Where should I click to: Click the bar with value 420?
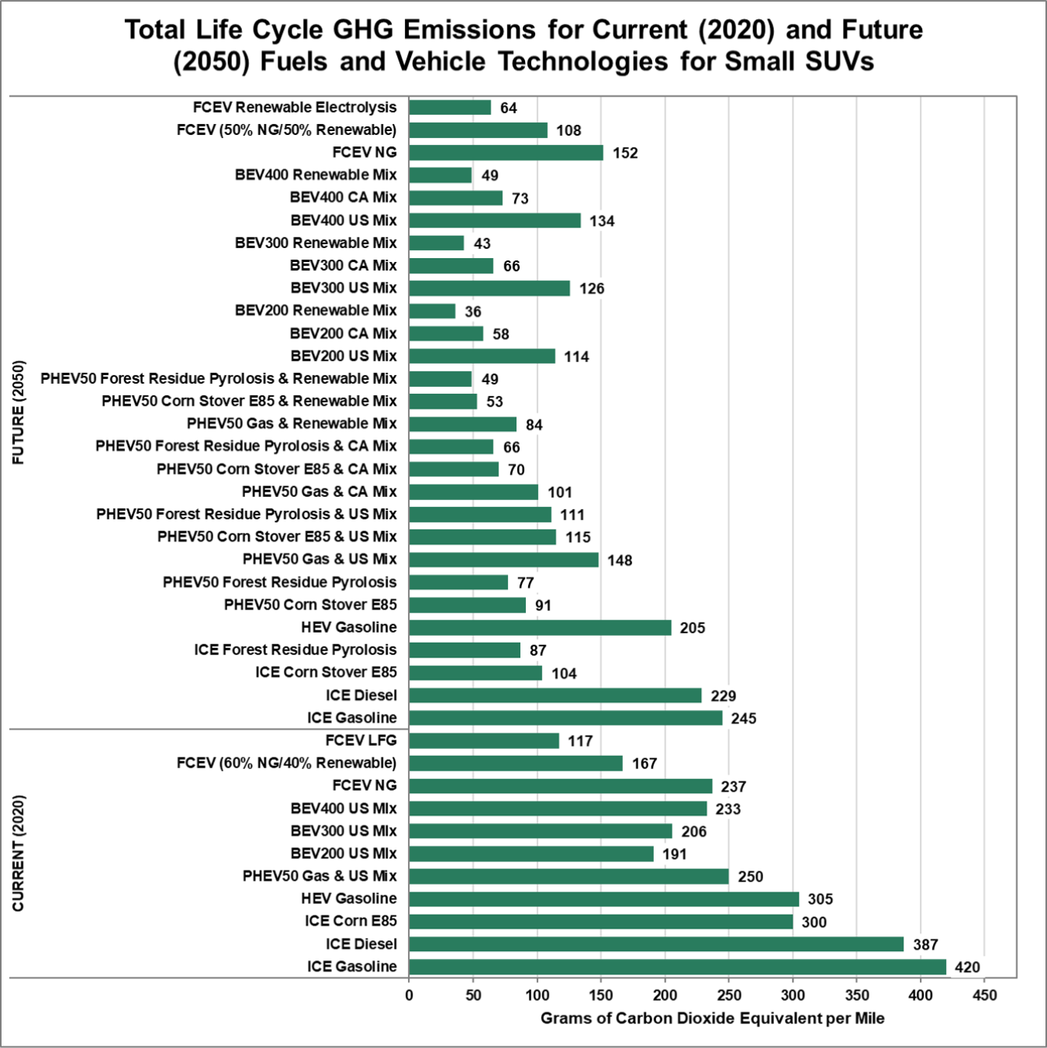(677, 967)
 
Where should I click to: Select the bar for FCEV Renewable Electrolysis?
(450, 108)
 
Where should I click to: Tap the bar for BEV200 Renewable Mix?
(432, 311)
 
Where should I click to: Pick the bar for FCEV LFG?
(484, 741)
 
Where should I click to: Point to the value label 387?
(925, 945)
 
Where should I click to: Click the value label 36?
(473, 312)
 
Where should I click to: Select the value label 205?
(693, 628)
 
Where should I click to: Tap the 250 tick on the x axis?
(729, 995)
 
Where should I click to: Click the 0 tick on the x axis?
(409, 995)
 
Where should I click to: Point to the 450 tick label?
(985, 995)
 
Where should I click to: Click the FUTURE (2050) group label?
(19, 412)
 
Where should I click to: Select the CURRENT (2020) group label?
(19, 853)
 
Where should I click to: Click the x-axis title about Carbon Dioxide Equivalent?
(712, 1019)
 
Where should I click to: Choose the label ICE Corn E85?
(351, 921)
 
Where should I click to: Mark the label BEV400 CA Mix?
(343, 198)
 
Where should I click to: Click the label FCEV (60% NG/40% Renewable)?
(286, 763)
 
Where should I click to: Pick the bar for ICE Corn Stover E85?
(475, 673)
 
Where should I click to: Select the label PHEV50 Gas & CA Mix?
(319, 491)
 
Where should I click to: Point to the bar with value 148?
(504, 560)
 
